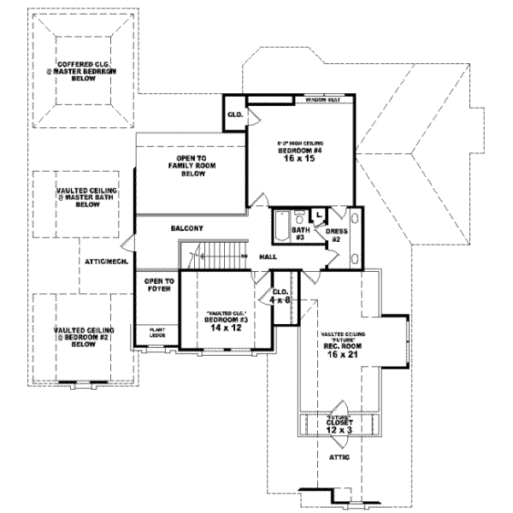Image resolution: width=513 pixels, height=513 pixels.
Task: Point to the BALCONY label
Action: [186, 228]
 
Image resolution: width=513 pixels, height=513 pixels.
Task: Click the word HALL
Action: [267, 256]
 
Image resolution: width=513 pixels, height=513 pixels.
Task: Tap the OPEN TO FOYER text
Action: [158, 285]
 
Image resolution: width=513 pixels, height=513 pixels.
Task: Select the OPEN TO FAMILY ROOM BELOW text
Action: [190, 166]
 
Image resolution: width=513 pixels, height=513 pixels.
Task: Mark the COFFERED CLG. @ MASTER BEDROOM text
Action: [83, 70]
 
